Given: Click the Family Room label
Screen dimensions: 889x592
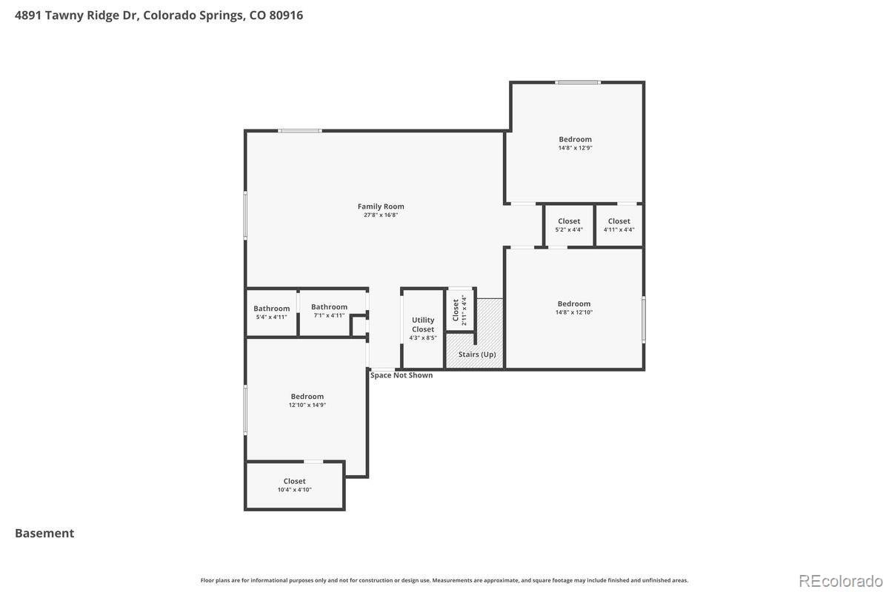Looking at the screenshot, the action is tap(381, 206).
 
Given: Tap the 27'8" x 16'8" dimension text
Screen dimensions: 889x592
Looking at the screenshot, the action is tap(381, 215).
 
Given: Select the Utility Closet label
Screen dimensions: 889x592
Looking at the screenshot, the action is tap(423, 324).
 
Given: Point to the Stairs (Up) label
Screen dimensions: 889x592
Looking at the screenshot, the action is tap(477, 354).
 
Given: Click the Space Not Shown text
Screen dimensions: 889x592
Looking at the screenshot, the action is tap(402, 375).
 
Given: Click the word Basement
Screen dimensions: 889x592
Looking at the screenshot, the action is tap(44, 534).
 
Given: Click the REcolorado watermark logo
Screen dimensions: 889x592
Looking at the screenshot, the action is tap(841, 582).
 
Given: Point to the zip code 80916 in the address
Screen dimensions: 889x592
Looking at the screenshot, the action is tap(286, 15).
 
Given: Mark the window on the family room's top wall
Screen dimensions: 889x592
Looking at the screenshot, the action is tap(299, 131).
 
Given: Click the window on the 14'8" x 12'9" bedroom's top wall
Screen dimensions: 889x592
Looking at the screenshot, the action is tap(578, 82).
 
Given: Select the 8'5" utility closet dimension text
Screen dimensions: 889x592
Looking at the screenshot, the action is tap(430, 338).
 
